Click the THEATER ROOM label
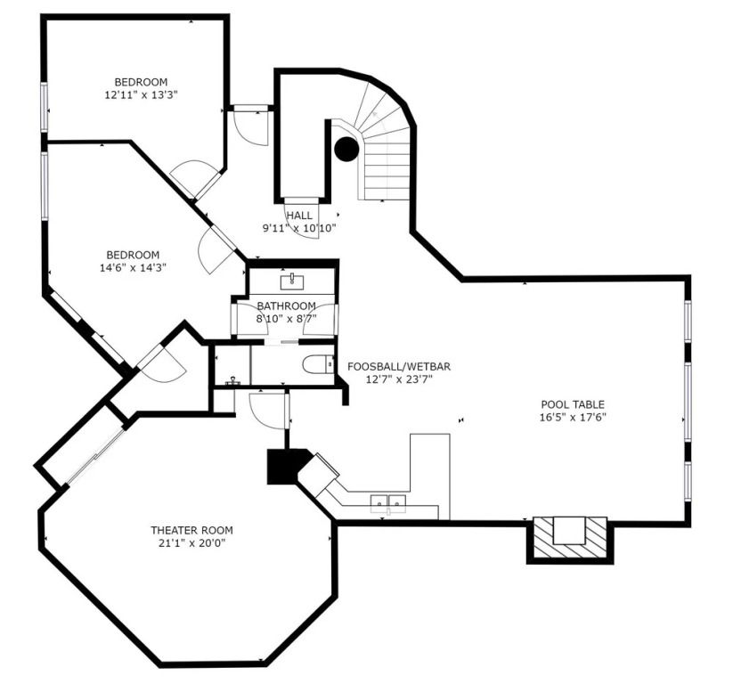point(191,530)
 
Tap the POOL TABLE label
point(573,404)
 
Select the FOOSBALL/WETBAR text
point(399,367)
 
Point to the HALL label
point(299,216)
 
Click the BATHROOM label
point(286,306)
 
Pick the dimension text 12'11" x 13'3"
point(141,95)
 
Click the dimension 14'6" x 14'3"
point(134,268)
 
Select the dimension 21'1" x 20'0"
point(191,543)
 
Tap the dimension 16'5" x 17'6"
point(573,418)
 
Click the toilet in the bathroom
point(318,364)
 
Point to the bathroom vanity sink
point(292,282)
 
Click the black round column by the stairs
point(346,149)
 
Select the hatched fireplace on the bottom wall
point(570,538)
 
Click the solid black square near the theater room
point(282,467)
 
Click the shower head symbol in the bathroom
point(232,381)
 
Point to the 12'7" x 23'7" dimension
point(399,379)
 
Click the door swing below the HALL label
point(302,220)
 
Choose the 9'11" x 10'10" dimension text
point(299,229)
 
